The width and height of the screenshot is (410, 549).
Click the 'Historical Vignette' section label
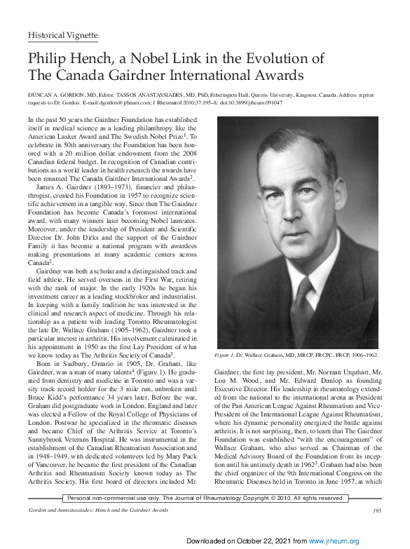(x=62, y=35)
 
